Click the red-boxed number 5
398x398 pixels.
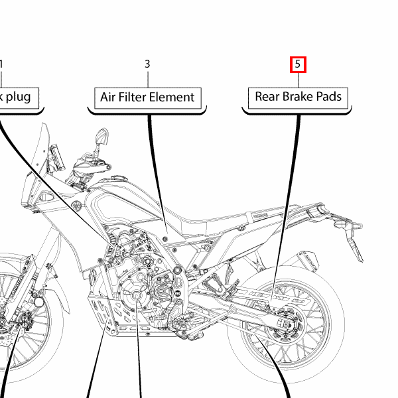(298, 64)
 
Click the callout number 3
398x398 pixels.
(147, 64)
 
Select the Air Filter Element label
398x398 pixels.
(147, 97)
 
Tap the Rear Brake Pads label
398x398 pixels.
(298, 97)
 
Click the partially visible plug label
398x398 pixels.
(19, 97)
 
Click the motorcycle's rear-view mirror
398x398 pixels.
(101, 137)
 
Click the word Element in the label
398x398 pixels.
(174, 97)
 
